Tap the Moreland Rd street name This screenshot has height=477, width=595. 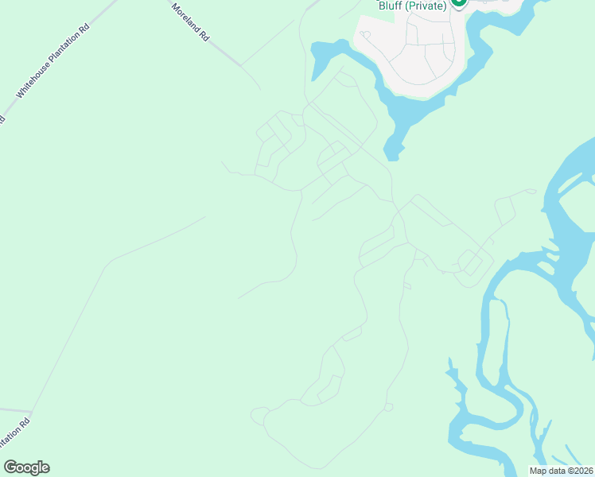pyautogui.click(x=191, y=21)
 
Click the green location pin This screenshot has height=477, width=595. pyautogui.click(x=458, y=2)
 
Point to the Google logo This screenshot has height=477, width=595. pyautogui.click(x=26, y=467)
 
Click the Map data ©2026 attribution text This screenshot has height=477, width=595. pyautogui.click(x=560, y=471)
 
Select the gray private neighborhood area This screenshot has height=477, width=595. pyautogui.click(x=414, y=48)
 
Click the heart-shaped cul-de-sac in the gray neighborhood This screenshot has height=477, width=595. pyautogui.click(x=365, y=35)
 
